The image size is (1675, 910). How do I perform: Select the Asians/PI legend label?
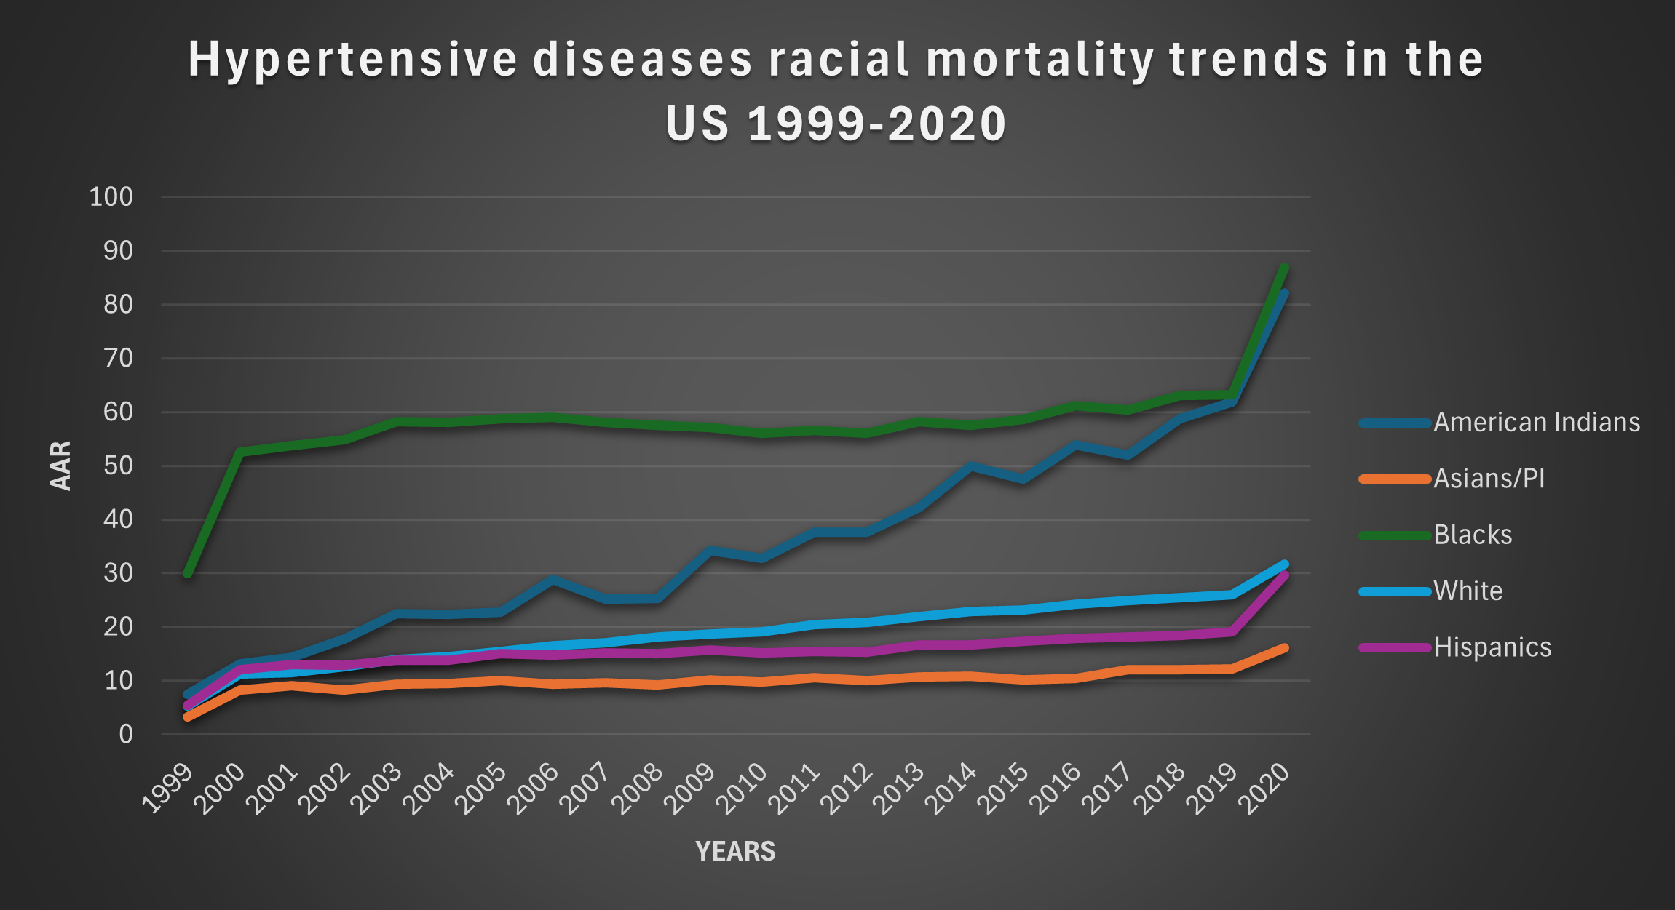(x=1489, y=479)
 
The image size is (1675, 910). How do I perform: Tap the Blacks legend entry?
(x=1473, y=535)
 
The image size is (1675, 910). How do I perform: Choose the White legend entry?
(x=1468, y=591)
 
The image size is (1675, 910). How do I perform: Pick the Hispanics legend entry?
(x=1492, y=647)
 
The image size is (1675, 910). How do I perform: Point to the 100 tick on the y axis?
(x=111, y=197)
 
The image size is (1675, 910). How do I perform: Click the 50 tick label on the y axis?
(x=119, y=466)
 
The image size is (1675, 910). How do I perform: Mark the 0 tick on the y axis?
(x=126, y=734)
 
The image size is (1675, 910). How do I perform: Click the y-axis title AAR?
(x=61, y=466)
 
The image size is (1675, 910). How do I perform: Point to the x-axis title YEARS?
(x=735, y=851)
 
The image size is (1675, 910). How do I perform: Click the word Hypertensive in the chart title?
(x=352, y=60)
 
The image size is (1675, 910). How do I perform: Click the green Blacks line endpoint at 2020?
(x=1284, y=268)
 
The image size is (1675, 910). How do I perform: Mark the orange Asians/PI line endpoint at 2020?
(x=1284, y=648)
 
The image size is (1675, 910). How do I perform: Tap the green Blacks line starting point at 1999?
(x=188, y=574)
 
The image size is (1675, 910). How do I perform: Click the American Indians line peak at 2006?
(x=553, y=580)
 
